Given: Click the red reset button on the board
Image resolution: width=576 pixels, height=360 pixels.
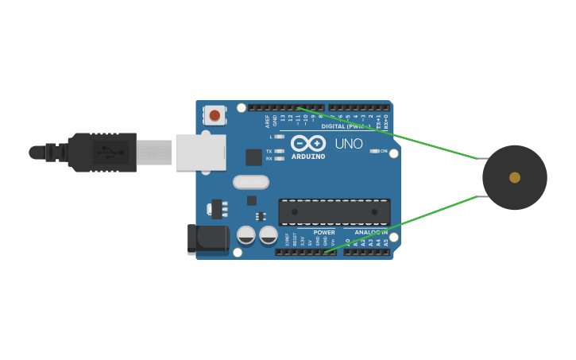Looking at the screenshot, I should [x=215, y=116].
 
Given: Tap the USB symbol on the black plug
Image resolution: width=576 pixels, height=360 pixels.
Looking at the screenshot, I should [x=110, y=152].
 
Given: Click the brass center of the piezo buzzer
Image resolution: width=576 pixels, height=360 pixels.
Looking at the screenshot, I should [x=515, y=177].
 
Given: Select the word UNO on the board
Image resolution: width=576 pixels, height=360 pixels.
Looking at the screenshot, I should [x=348, y=144].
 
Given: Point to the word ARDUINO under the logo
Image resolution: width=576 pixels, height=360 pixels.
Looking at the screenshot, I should [x=308, y=156].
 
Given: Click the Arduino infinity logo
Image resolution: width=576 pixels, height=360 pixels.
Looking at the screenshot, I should [x=308, y=143].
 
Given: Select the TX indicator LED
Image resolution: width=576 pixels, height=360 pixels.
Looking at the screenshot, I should [x=279, y=151].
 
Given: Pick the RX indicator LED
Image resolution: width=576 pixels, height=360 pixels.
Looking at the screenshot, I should [x=279, y=159].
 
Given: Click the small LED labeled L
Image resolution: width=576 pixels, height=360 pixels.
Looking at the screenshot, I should [x=279, y=137].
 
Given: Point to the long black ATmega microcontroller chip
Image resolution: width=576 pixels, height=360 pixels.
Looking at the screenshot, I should [x=334, y=212].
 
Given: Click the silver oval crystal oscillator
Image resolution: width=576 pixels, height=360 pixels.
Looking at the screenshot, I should [x=251, y=182].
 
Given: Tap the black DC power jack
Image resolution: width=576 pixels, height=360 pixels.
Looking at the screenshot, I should [x=207, y=239].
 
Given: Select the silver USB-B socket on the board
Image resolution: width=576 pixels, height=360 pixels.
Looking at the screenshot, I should [x=200, y=152].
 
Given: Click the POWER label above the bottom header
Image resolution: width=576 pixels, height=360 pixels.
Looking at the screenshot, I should [x=323, y=232].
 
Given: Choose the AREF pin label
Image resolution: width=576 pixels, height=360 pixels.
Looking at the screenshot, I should [x=268, y=121].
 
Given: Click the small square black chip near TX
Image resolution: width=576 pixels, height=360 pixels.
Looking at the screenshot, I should [x=253, y=157].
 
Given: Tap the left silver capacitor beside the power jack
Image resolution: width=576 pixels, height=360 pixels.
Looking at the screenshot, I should [x=246, y=235].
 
